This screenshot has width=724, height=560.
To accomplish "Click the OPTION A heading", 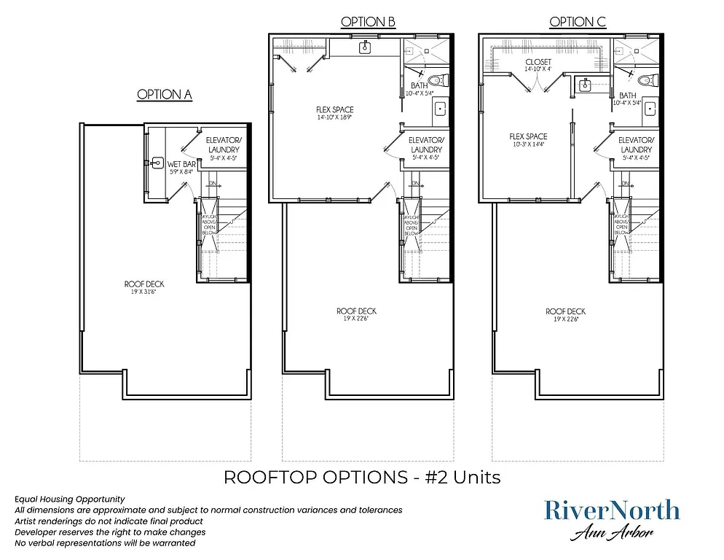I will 165,95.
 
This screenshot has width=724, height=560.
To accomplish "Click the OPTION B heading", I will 368,22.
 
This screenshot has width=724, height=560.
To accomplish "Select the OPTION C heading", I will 578,22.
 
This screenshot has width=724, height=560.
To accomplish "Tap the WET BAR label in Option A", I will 181,164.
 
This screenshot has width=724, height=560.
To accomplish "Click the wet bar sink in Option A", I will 156,163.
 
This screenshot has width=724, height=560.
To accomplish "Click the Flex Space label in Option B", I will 335,110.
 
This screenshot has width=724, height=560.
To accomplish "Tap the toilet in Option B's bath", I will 436,79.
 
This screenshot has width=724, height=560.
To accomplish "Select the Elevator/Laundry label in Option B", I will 426,144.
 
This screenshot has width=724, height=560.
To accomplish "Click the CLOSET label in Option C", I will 539,63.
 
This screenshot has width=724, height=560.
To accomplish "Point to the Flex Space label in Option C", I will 528,136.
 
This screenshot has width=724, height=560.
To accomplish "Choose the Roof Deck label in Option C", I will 566,311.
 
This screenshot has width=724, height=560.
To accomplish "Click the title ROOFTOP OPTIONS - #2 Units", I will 362,478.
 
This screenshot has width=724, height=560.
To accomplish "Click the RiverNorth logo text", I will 612,510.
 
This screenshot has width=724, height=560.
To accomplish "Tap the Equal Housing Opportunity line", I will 69,499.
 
